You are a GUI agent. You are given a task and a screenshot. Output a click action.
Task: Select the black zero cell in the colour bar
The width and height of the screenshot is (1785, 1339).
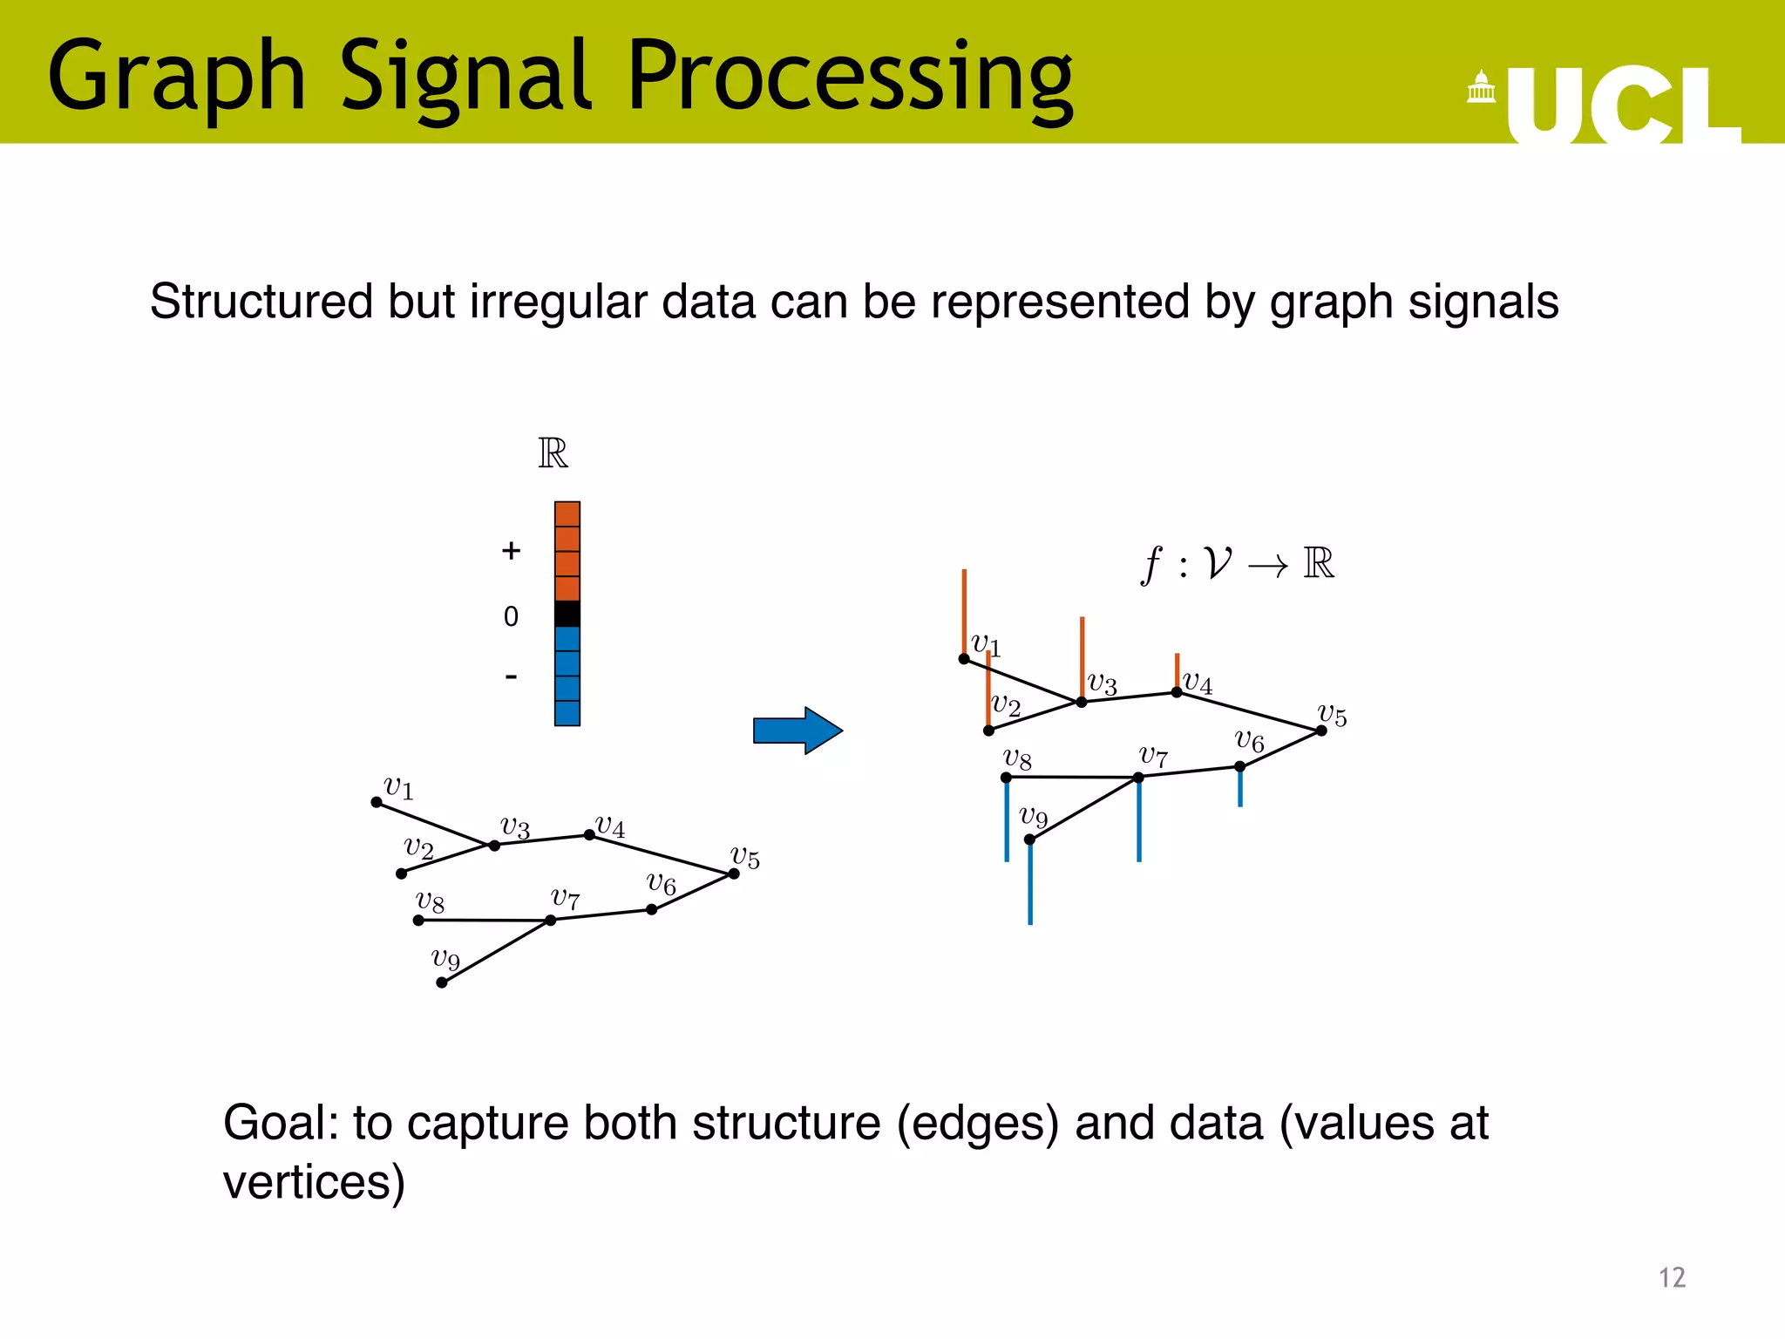click(x=567, y=614)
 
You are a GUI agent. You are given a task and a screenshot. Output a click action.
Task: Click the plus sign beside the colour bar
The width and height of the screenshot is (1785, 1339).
click(x=511, y=551)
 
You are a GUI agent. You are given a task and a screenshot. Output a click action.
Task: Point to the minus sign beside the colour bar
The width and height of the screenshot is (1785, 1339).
click(x=511, y=676)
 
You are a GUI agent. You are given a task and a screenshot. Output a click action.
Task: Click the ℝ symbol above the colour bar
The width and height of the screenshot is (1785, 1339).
click(x=553, y=453)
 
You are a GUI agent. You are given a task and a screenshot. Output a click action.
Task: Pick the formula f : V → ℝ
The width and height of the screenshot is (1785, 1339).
click(x=1238, y=564)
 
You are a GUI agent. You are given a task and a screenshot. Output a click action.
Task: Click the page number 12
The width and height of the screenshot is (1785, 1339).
click(x=1671, y=1277)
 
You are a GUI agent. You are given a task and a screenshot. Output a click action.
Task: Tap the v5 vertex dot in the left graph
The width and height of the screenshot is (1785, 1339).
click(x=734, y=873)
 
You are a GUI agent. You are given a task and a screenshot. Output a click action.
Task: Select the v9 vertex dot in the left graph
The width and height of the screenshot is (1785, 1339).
click(x=442, y=982)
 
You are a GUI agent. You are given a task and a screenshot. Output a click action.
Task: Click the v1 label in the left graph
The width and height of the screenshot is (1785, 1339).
click(x=398, y=788)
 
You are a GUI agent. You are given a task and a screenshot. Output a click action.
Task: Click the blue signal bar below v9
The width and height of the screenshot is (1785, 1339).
click(x=1030, y=882)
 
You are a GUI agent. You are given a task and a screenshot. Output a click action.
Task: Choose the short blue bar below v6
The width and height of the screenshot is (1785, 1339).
click(x=1240, y=788)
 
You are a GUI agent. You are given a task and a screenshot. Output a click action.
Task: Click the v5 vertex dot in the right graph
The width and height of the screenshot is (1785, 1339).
click(x=1321, y=731)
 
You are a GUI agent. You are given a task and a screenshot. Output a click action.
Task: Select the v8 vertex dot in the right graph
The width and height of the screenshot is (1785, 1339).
click(x=1006, y=777)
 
